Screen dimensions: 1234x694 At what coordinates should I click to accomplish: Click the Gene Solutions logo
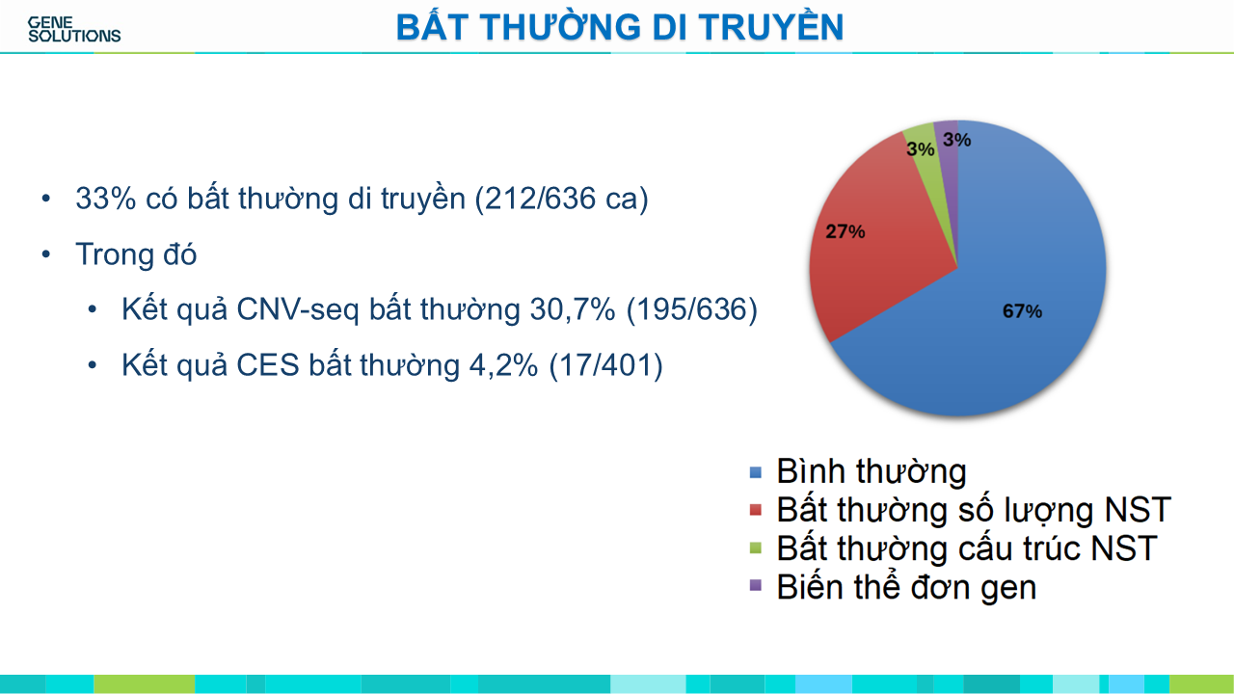click(74, 29)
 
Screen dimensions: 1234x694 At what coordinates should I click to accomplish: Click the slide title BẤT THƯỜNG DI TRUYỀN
click(620, 27)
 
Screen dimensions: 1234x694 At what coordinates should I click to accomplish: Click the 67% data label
click(1022, 311)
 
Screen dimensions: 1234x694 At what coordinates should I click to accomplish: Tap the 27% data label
click(845, 231)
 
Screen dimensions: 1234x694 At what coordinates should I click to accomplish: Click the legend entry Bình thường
click(871, 471)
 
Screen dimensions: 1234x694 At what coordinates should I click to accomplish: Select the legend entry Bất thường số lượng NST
click(974, 510)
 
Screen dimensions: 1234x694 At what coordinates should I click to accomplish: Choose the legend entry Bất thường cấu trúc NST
click(967, 548)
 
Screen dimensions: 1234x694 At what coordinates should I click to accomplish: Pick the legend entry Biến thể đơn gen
click(906, 587)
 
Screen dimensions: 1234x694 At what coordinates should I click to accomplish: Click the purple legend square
click(756, 585)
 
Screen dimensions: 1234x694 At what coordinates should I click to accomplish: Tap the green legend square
click(756, 548)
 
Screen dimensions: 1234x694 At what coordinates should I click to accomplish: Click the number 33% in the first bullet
click(106, 199)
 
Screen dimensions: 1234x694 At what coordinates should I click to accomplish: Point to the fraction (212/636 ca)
click(561, 199)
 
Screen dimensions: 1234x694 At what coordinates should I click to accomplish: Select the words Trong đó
click(136, 254)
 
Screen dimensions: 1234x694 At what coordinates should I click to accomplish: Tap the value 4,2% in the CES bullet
click(503, 365)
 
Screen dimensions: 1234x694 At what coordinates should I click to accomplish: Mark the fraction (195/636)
click(692, 309)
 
